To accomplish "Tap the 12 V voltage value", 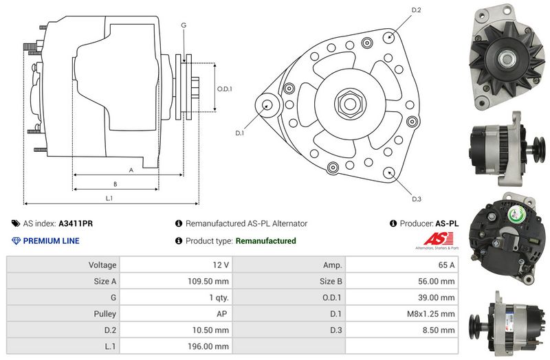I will (221, 265).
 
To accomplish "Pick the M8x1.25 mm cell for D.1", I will (430, 314).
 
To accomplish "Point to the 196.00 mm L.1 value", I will (208, 347).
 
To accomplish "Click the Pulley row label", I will (104, 314).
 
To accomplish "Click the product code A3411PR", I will (76, 223).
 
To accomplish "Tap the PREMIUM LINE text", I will (51, 241).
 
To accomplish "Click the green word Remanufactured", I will (265, 241).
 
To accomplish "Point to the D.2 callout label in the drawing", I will (416, 10).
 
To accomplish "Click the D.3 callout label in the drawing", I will (416, 199).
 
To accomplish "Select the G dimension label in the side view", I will (184, 25).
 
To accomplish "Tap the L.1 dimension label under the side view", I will (109, 199).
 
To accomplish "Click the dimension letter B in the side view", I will (115, 183).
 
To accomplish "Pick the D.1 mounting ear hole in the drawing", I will (267, 105).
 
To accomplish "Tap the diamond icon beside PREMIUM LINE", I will (16, 241).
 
